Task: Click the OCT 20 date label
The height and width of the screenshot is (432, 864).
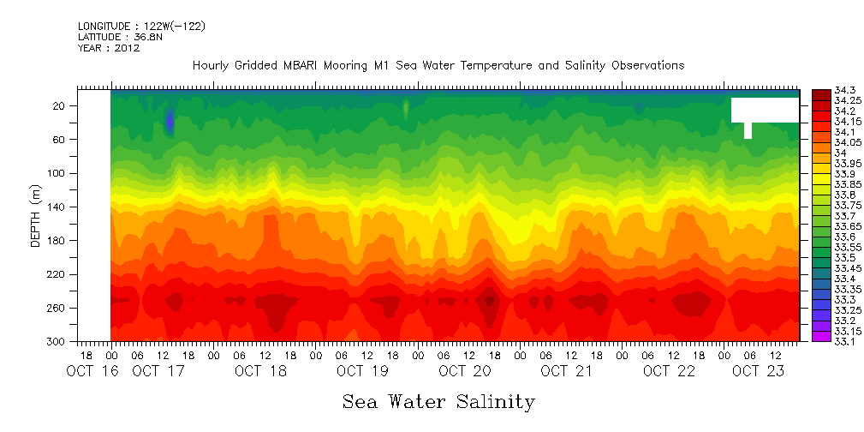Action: [x=465, y=371]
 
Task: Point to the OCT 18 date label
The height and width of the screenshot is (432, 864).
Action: [x=260, y=371]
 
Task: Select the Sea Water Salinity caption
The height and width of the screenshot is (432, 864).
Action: [x=438, y=402]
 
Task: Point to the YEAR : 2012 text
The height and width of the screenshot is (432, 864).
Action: [x=109, y=48]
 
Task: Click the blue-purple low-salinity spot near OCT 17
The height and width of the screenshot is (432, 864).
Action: [x=170, y=122]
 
